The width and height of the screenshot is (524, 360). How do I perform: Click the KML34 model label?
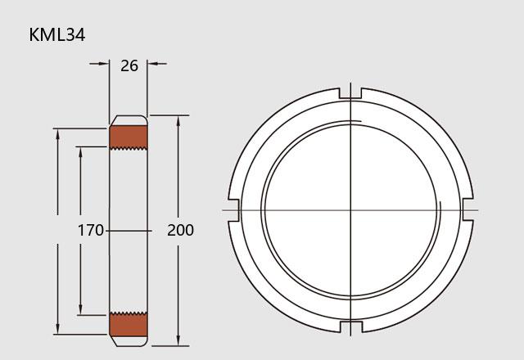pyautogui.click(x=57, y=34)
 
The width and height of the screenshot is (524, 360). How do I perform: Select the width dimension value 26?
pyautogui.click(x=129, y=65)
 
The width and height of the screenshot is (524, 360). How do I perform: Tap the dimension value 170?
pyautogui.click(x=91, y=230)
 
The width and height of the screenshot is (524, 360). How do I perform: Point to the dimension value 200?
pyautogui.click(x=180, y=230)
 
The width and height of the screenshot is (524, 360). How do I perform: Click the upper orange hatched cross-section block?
pyautogui.click(x=129, y=137)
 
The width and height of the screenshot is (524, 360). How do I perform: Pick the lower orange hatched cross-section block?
pyautogui.click(x=129, y=324)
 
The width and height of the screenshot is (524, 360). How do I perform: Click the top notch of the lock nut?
pyautogui.click(x=350, y=93)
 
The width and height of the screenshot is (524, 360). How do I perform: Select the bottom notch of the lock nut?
pyautogui.click(x=350, y=327)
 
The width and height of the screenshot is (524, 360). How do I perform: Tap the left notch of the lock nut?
pyautogui.click(x=234, y=210)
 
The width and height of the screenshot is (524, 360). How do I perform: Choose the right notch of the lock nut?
pyautogui.click(x=468, y=209)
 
